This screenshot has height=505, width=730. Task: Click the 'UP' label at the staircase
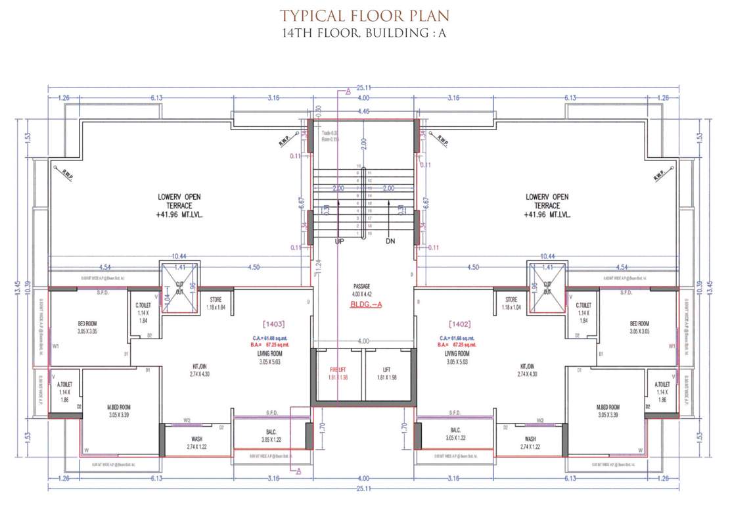pyautogui.click(x=339, y=242)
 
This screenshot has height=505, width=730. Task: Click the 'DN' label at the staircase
pyautogui.click(x=390, y=242)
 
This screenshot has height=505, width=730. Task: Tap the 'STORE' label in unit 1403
pyautogui.click(x=216, y=300)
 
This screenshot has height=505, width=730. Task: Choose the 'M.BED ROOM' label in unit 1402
pyautogui.click(x=608, y=408)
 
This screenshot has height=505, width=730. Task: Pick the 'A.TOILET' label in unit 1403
pyautogui.click(x=64, y=384)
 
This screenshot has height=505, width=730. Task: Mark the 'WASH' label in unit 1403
pyautogui.click(x=196, y=439)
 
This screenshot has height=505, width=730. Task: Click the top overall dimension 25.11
pyautogui.click(x=363, y=86)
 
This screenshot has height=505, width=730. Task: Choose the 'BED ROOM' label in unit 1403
pyautogui.click(x=87, y=324)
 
